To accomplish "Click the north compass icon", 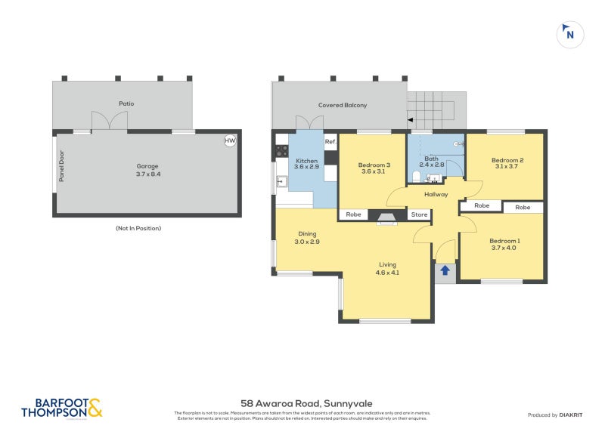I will click(569, 33).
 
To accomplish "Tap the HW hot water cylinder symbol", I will click(229, 141).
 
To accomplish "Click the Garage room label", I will click(147, 165).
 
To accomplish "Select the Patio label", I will click(126, 103).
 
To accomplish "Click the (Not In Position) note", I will click(138, 228).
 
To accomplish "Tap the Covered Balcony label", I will click(343, 105).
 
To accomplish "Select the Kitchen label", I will click(306, 161).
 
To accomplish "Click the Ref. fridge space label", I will click(330, 142).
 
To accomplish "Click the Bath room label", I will click(431, 158).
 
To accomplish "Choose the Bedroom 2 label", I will click(507, 160).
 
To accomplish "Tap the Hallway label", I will click(436, 194).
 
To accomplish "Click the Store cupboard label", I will click(420, 214).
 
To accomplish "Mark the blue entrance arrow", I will click(445, 270).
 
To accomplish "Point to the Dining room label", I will click(307, 233).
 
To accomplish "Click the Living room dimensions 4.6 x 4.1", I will click(388, 273).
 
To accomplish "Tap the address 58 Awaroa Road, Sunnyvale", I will click(306, 403).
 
